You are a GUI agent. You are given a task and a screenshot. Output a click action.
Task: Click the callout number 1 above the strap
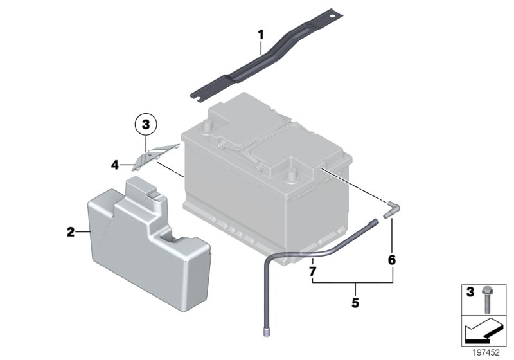point(261,33)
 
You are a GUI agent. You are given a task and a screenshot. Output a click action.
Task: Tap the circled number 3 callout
point(146,123)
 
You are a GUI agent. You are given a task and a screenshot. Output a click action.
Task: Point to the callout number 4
point(114,165)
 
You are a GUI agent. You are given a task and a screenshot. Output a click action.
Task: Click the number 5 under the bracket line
point(355,300)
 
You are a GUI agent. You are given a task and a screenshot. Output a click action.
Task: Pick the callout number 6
point(392,260)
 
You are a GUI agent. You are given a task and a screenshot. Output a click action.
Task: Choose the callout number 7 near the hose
point(312,272)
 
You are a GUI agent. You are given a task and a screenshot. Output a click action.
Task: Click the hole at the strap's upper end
point(332,14)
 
